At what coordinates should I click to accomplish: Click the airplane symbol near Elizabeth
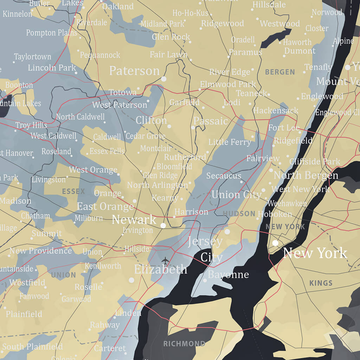pyautogui.click(x=165, y=261)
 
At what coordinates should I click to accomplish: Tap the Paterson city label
pyautogui.click(x=134, y=71)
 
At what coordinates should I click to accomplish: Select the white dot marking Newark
pyautogui.click(x=163, y=225)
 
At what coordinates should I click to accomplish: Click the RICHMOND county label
pyautogui.click(x=184, y=343)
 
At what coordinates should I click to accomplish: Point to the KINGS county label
pyautogui.click(x=321, y=283)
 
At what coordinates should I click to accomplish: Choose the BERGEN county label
pyautogui.click(x=280, y=72)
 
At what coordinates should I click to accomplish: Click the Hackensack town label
pyautogui.click(x=276, y=111)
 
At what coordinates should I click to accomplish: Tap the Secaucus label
pyautogui.click(x=224, y=176)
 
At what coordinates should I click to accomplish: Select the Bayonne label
pyautogui.click(x=228, y=275)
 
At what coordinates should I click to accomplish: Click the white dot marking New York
pyautogui.click(x=275, y=243)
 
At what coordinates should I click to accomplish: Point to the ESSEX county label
pyautogui.click(x=73, y=192)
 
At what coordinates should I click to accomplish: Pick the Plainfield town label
pyautogui.click(x=24, y=314)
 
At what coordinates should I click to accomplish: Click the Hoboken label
pyautogui.click(x=275, y=214)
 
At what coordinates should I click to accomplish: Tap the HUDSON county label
pyautogui.click(x=239, y=214)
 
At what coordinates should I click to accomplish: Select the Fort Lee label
pyautogui.click(x=284, y=128)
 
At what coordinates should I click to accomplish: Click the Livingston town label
pyautogui.click(x=49, y=180)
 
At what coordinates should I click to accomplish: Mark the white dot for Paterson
pyautogui.click(x=163, y=79)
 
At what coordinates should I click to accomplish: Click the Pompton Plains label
pyautogui.click(x=51, y=33)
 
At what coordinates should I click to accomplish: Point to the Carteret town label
pyautogui.click(x=110, y=348)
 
